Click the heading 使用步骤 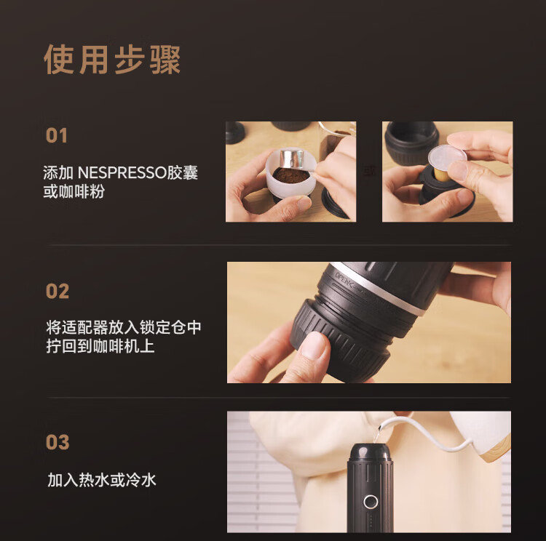(112, 60)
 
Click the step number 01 (56, 136)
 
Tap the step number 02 (58, 291)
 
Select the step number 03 (58, 442)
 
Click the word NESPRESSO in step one (122, 173)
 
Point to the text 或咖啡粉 (74, 192)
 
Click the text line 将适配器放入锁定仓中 (124, 327)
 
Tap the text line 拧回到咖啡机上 (100, 346)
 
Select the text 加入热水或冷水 (102, 480)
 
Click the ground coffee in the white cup (290, 175)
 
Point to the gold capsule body (441, 175)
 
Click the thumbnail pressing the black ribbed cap (314, 345)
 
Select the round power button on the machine (371, 502)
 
